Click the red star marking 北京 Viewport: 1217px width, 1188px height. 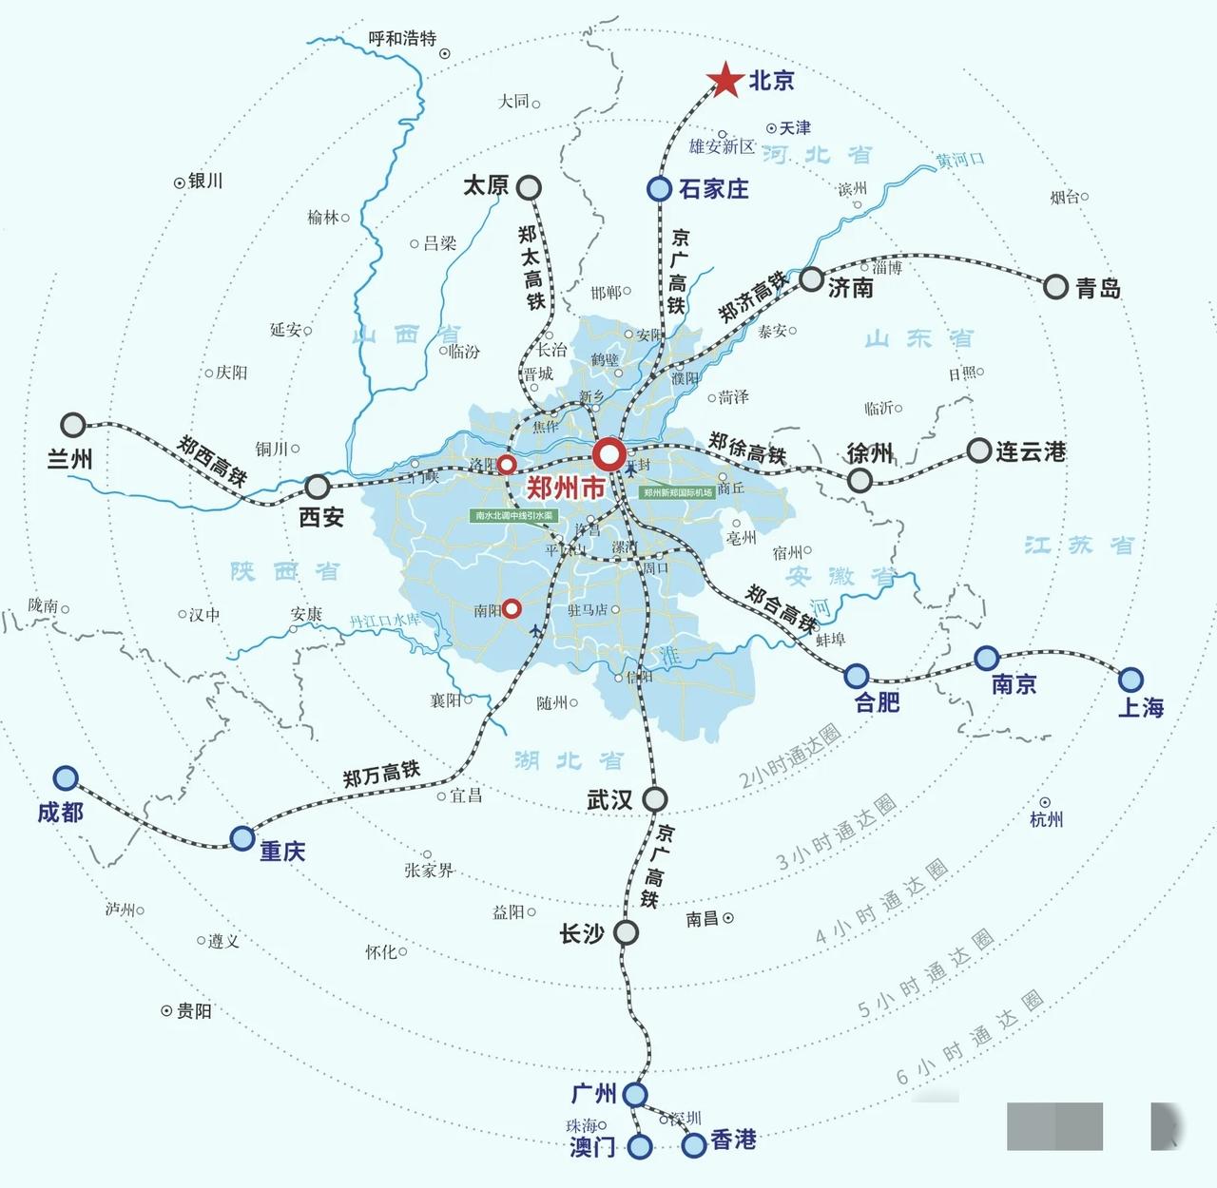tap(726, 81)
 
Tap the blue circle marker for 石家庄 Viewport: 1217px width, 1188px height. tap(659, 189)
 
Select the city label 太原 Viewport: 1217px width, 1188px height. tap(486, 185)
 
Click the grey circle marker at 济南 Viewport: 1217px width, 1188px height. tap(811, 279)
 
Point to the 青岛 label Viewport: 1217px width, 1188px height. tap(1098, 289)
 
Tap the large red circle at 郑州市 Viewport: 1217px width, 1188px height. tap(608, 454)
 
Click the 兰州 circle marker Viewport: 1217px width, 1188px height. tap(73, 425)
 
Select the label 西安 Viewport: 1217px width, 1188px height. tap(321, 517)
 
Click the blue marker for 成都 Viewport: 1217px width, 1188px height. tap(66, 778)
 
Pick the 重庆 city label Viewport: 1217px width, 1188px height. tap(282, 852)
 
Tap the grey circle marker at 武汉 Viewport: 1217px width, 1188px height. tap(654, 799)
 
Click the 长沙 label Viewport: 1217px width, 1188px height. tap(582, 934)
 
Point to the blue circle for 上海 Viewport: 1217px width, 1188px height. tap(1130, 680)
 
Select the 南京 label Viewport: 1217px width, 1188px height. tap(1014, 684)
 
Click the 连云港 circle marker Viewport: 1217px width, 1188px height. tap(979, 450)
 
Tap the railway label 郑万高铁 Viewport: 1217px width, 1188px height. tap(381, 774)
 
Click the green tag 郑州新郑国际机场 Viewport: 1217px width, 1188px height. tap(678, 493)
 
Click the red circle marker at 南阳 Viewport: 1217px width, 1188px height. tap(512, 608)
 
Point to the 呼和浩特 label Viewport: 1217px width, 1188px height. tap(402, 39)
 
